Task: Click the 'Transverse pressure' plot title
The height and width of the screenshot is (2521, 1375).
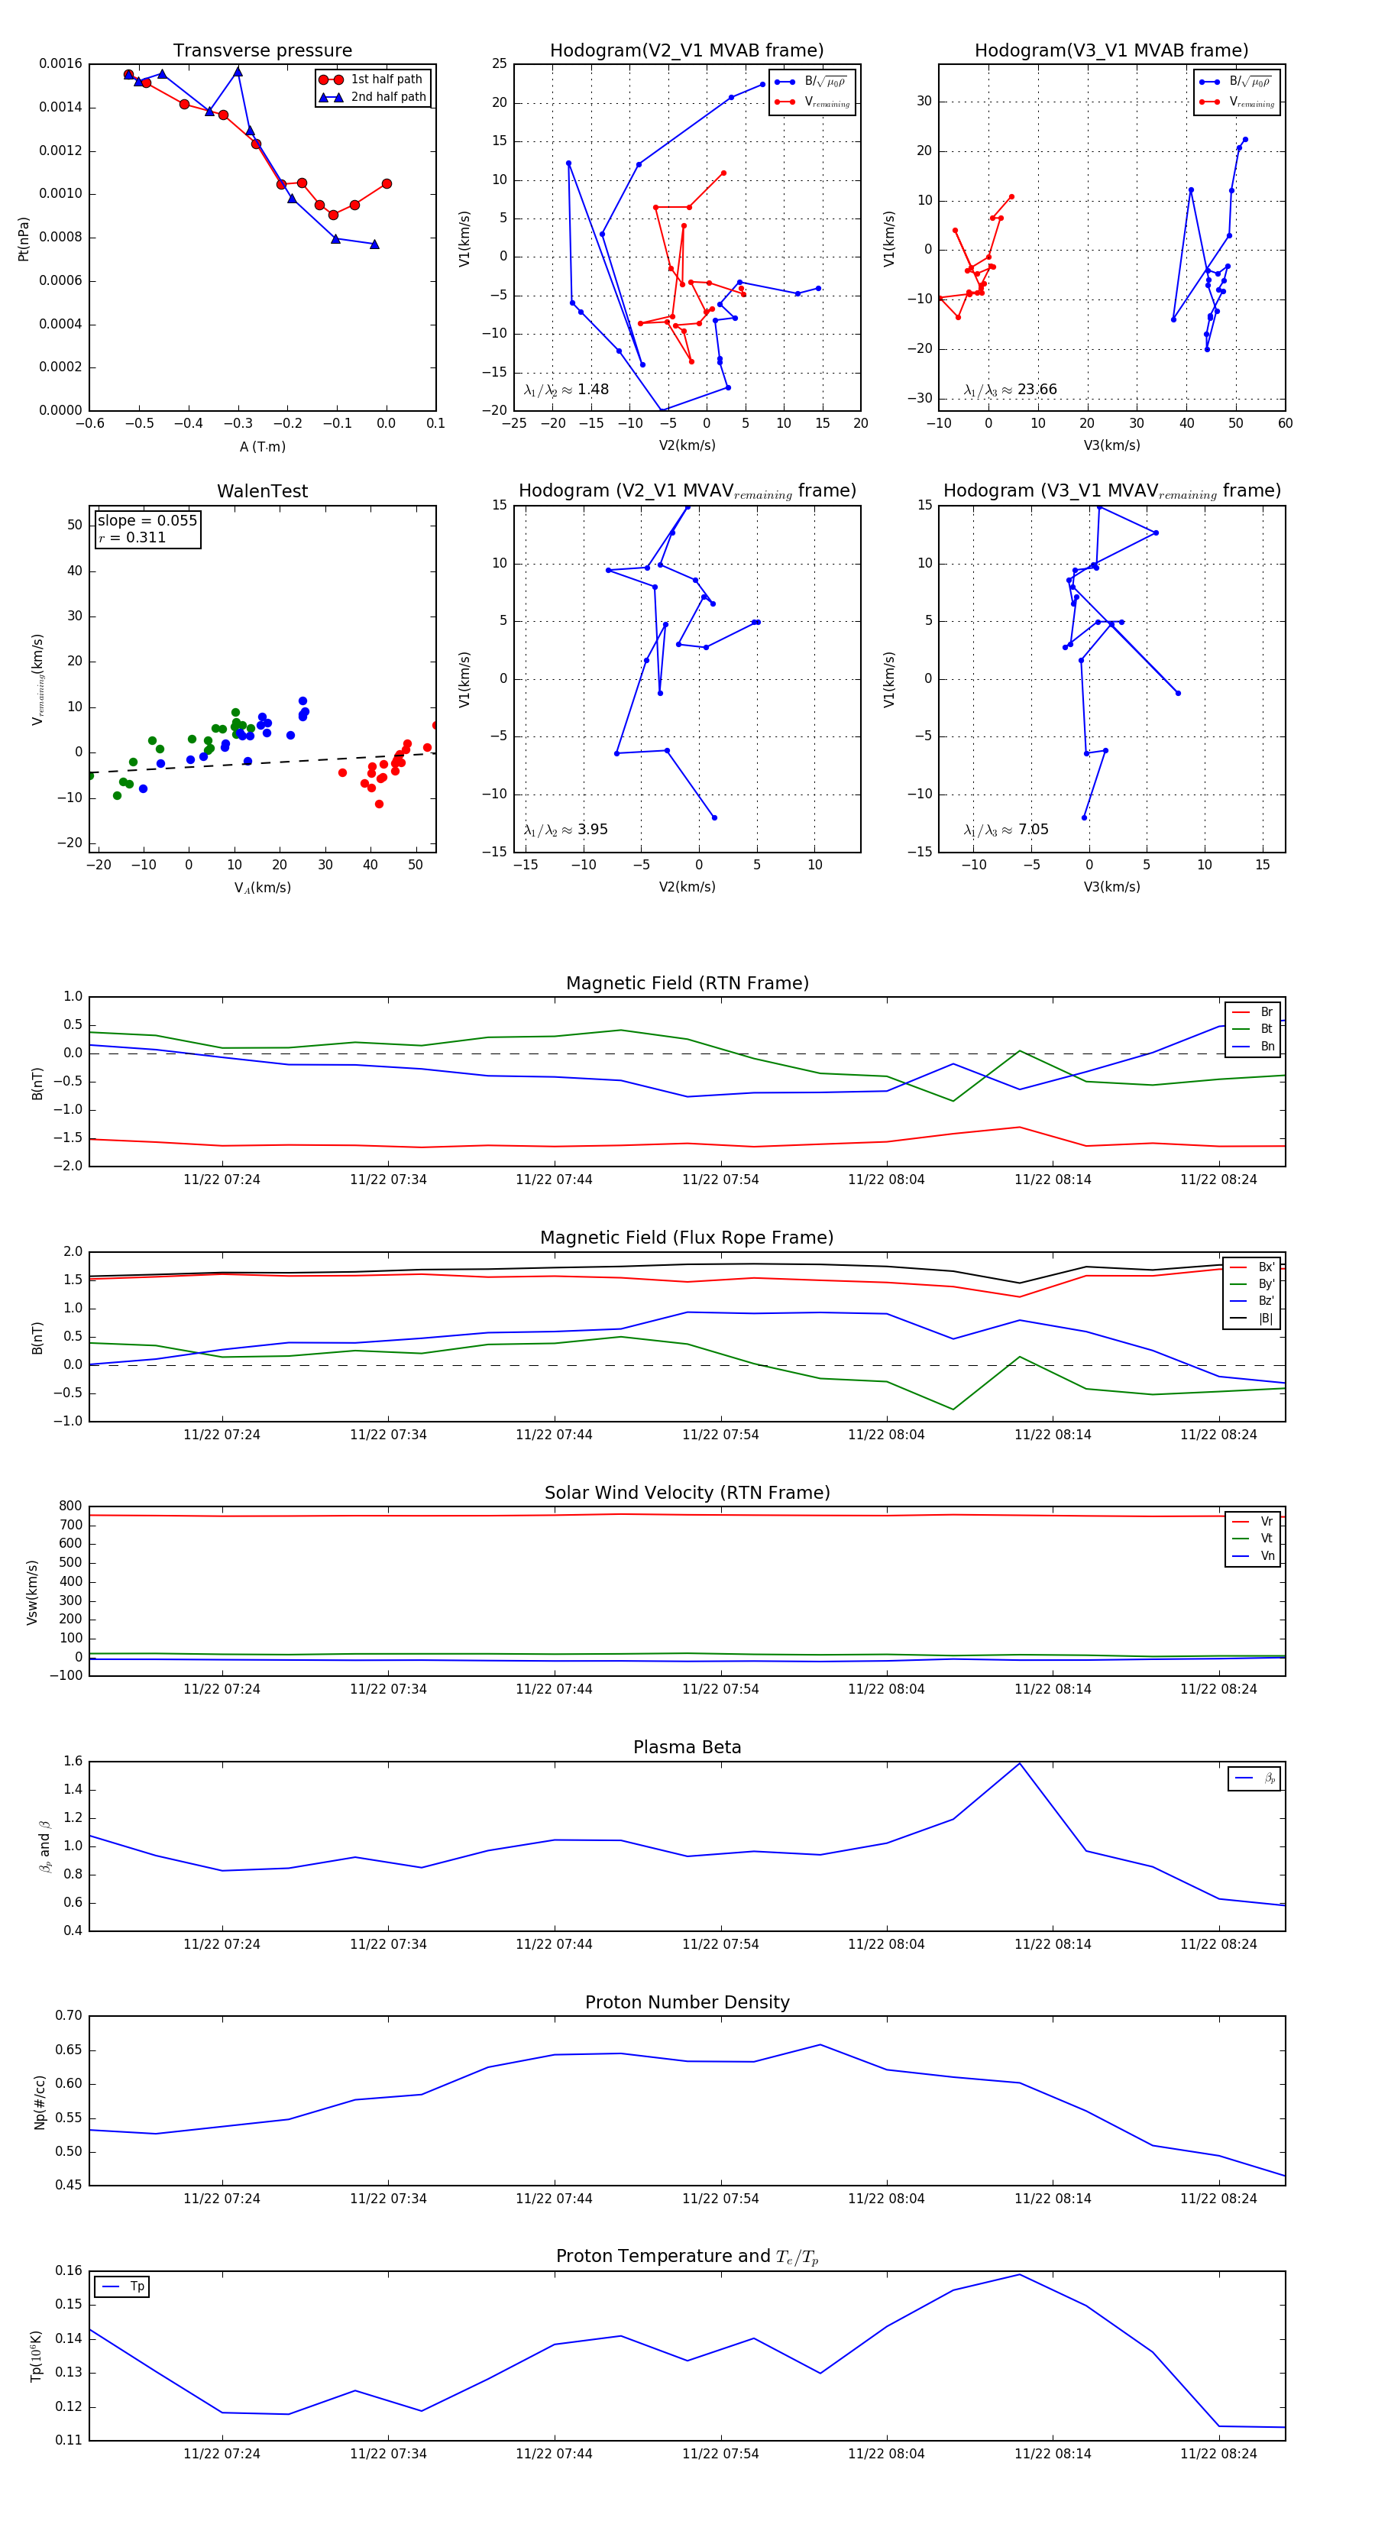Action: tap(262, 51)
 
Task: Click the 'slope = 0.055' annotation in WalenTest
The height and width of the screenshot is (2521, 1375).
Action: tap(147, 521)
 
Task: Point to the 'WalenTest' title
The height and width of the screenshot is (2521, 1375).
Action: tap(262, 491)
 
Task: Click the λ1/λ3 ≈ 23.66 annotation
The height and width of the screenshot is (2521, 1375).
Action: tap(1010, 390)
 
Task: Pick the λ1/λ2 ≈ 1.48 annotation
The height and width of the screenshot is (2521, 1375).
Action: tap(565, 390)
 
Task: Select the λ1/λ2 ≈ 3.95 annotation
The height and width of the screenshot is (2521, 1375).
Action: tap(565, 830)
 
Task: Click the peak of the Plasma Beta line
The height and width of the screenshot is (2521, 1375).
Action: tap(1020, 1763)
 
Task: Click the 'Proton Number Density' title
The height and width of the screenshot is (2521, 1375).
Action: tap(687, 2002)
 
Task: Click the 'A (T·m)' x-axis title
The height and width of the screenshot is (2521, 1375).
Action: tap(262, 446)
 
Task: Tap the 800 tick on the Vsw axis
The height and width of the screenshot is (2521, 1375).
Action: tap(70, 1506)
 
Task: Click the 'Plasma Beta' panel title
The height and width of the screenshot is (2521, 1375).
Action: tap(687, 1748)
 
